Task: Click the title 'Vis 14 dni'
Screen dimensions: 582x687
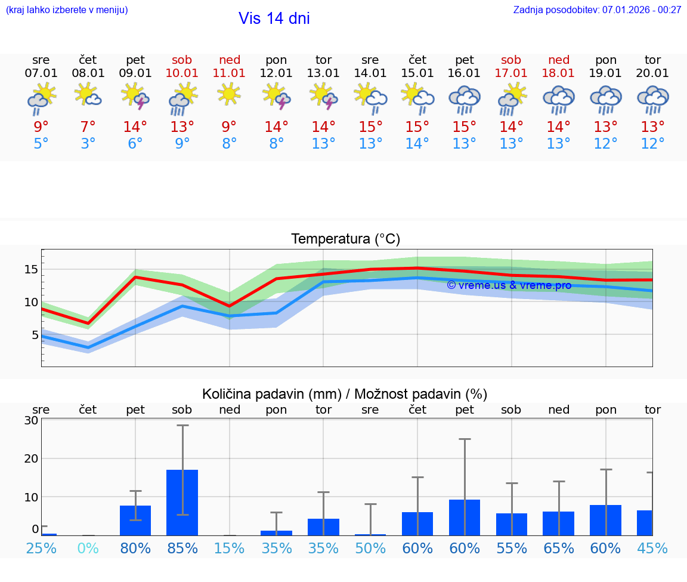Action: (274, 19)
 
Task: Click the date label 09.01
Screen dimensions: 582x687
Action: (135, 73)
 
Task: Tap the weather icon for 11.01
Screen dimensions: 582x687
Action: (229, 94)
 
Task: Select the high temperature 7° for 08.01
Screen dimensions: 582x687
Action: (88, 127)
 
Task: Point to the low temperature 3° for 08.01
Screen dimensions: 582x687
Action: (88, 144)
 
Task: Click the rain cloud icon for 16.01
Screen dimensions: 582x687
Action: (465, 99)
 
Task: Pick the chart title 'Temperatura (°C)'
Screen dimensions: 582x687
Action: (345, 239)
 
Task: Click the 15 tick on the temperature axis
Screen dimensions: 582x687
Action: (31, 269)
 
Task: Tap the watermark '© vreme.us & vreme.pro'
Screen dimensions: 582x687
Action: (509, 285)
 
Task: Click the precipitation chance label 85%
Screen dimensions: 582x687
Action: (182, 548)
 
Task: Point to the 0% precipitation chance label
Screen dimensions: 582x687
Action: (88, 548)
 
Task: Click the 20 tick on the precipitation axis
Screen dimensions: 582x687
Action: (31, 458)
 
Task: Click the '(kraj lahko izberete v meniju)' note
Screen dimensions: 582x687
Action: (66, 10)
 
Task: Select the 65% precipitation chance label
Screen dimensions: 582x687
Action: (559, 548)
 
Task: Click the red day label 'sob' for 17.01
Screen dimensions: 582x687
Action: (511, 60)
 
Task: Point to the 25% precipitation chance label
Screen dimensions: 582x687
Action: (41, 548)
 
